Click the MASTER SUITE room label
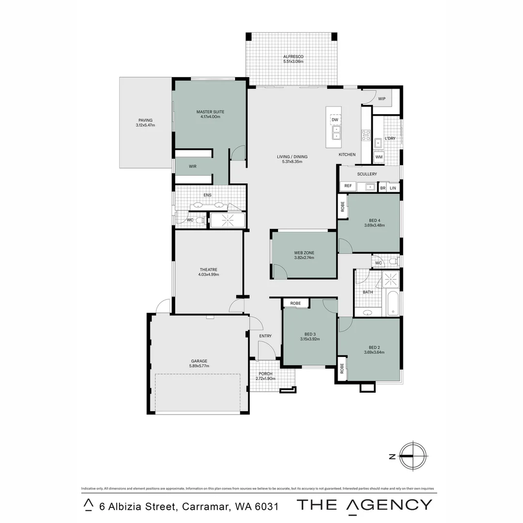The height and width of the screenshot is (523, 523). point(210,111)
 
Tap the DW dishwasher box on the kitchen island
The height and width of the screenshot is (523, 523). point(335,120)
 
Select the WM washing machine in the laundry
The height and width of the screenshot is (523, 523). point(379,157)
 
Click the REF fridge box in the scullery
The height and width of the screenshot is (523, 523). point(348,186)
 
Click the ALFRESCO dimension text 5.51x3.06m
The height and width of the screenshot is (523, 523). point(293,62)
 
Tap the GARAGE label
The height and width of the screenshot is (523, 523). point(199,361)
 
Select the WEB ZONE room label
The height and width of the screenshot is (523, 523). point(304,253)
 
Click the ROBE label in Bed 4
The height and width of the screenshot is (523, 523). point(343,206)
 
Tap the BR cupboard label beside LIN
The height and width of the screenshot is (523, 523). point(383,188)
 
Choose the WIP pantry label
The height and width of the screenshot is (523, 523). point(382,99)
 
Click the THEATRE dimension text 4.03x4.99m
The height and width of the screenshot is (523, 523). point(208,275)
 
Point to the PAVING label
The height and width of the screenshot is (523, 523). point(145,120)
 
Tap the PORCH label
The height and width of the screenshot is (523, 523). point(265,373)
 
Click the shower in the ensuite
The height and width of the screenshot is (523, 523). point(228,220)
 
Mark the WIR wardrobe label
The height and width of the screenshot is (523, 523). point(193,166)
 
